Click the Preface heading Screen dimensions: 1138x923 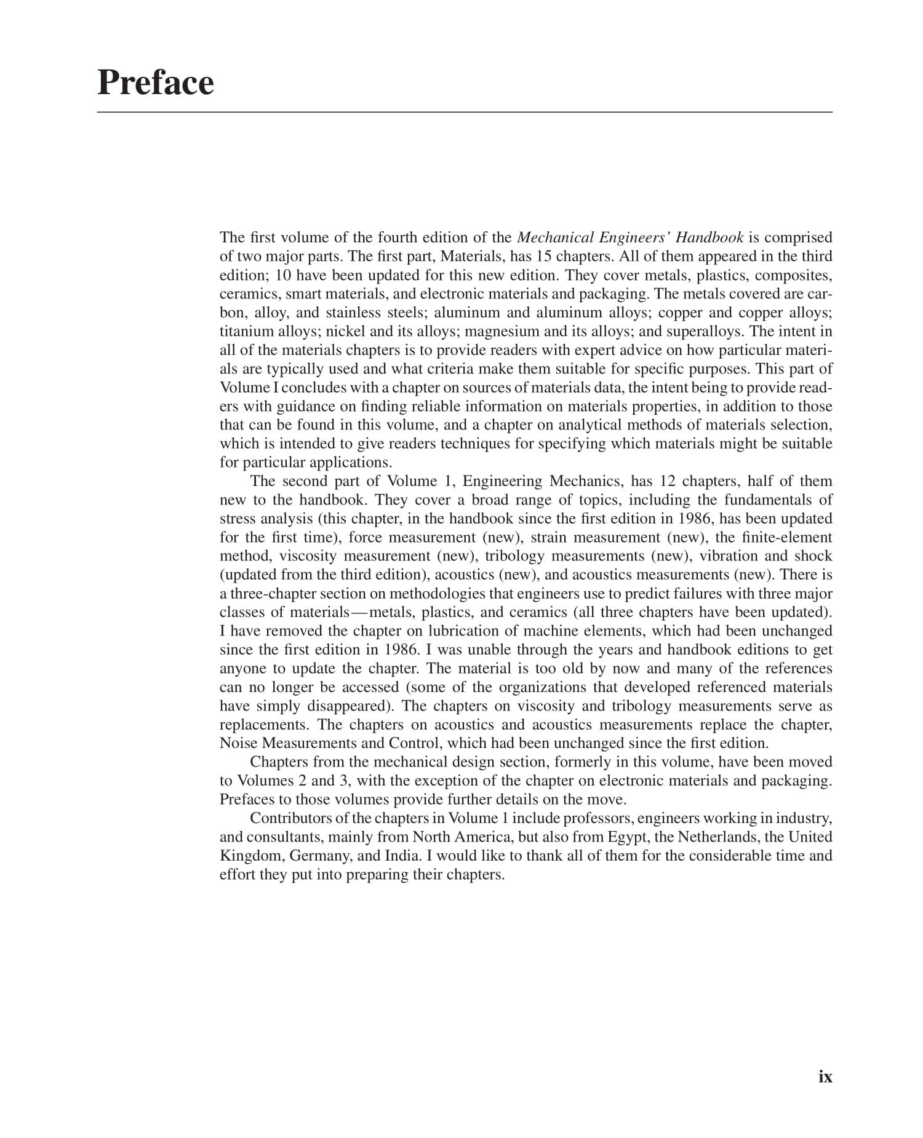(156, 82)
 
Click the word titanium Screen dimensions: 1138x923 (241, 332)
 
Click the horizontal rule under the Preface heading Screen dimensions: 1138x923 (465, 113)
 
